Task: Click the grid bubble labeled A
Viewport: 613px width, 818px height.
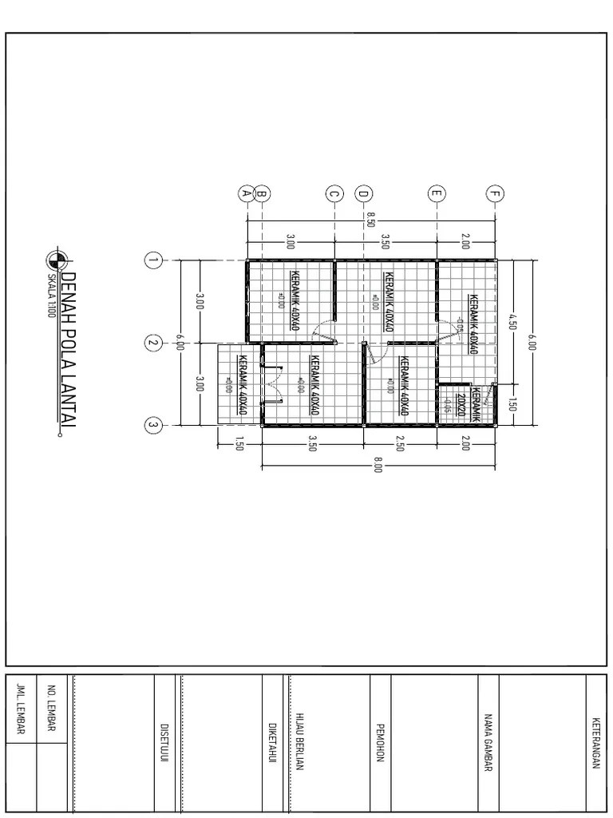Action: [247, 193]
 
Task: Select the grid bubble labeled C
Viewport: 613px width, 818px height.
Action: [334, 193]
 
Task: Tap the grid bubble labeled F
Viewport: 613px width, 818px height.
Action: [496, 193]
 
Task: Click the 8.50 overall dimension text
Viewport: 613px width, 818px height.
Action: [370, 219]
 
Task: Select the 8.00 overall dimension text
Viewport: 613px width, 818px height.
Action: [378, 465]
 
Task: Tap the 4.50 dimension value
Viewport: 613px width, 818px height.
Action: [512, 322]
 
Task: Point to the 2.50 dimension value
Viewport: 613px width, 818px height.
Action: [400, 445]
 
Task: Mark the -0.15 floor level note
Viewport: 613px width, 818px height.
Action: [448, 405]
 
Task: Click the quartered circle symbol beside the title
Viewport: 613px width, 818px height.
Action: [54, 259]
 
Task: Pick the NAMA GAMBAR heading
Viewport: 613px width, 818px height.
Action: [488, 742]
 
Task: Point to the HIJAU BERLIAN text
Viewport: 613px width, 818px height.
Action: [300, 742]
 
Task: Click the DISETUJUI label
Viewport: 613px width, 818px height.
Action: [164, 743]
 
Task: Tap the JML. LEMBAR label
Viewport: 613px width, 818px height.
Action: [22, 709]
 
